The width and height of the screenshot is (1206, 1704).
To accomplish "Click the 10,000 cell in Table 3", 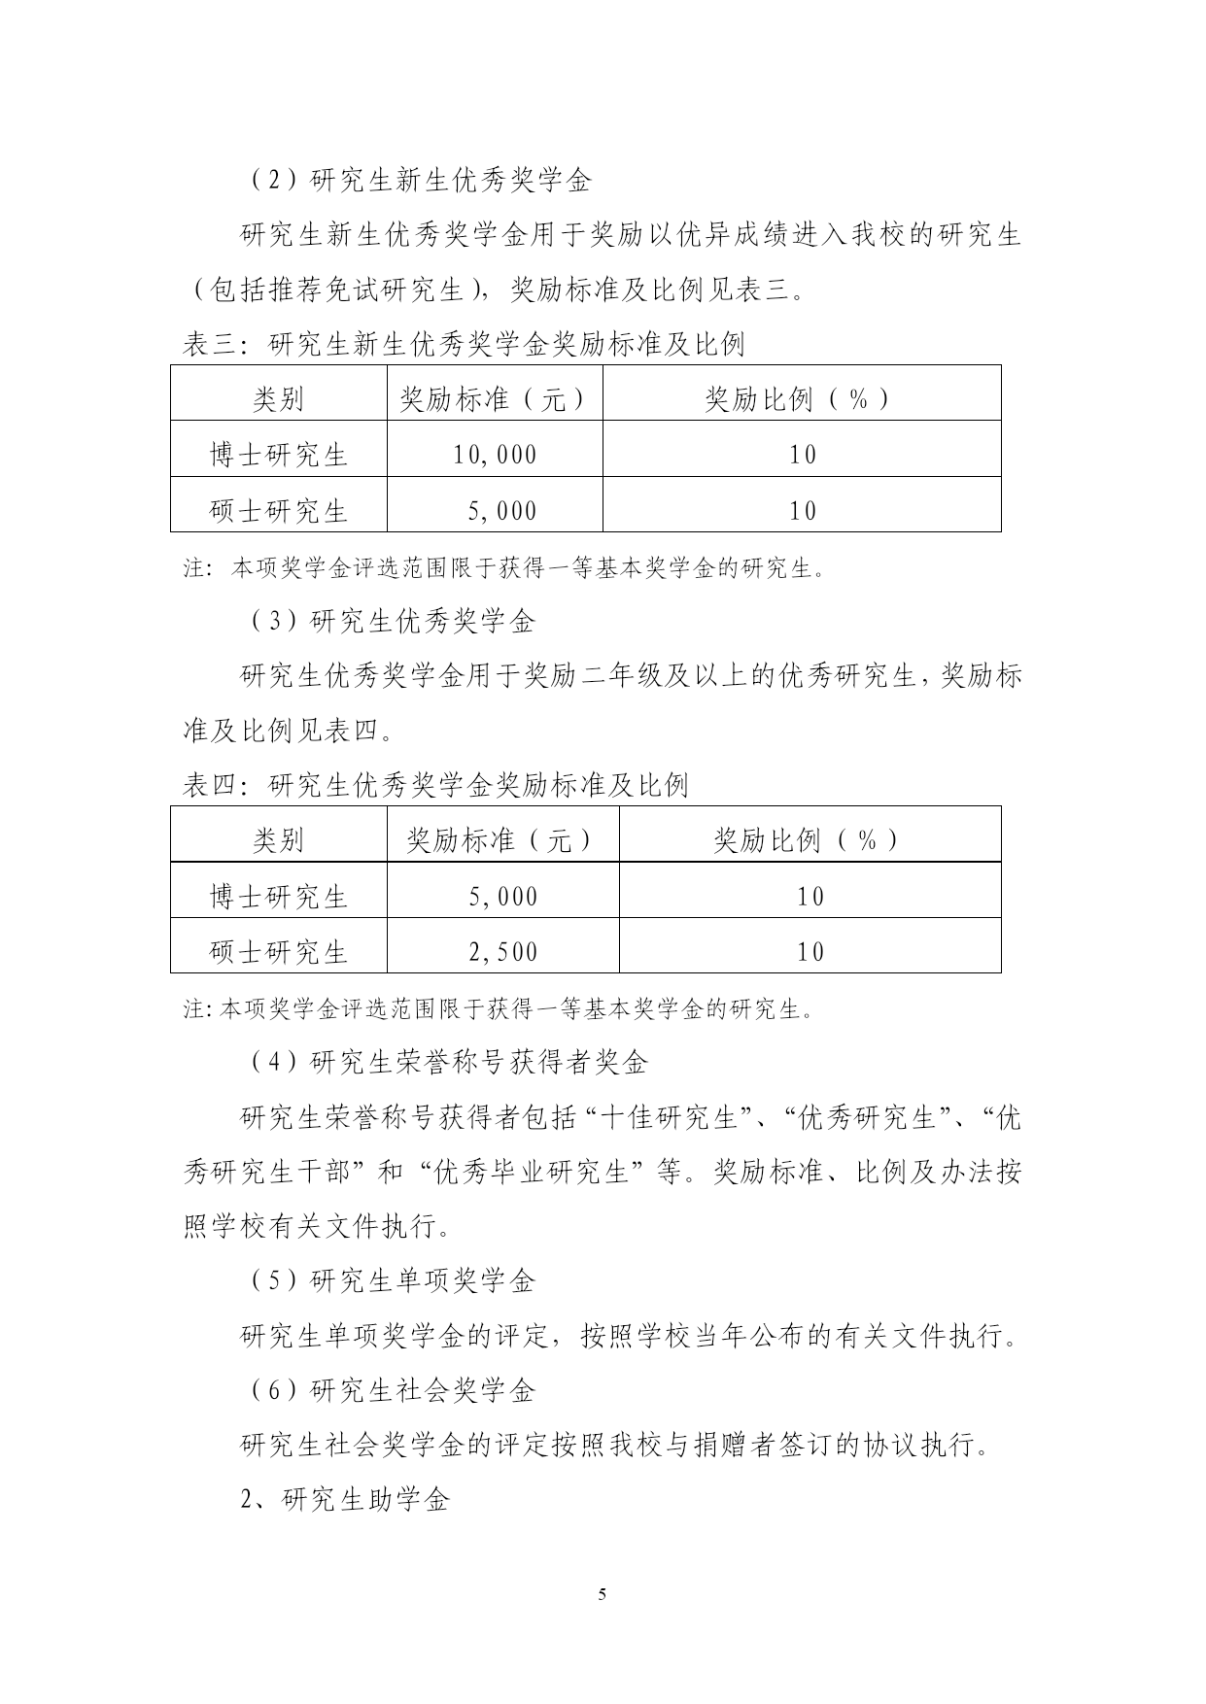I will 495,455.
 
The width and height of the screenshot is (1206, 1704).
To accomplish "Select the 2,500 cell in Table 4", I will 502,952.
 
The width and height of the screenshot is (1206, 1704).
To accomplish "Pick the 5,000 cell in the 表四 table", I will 502,897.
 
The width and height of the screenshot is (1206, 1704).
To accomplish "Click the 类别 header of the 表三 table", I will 278,399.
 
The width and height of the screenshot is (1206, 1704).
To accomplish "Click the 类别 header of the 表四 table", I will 278,840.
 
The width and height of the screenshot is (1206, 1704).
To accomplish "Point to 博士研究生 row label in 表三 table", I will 278,455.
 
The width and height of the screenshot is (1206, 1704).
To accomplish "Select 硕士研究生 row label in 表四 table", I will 278,952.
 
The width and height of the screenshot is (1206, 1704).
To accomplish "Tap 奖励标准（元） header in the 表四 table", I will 502,840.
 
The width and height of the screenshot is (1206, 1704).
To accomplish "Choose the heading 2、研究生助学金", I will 345,1500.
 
